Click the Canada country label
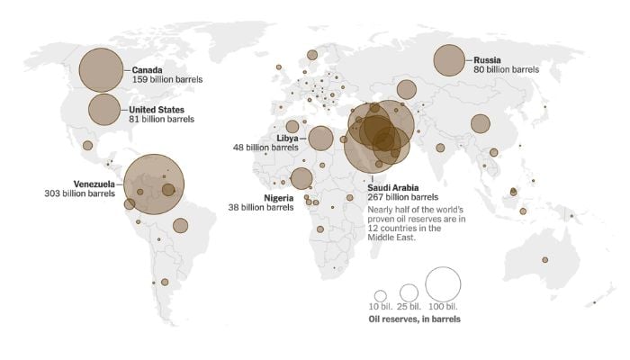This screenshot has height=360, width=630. coord(147,69)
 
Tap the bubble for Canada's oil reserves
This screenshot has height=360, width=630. coord(101,69)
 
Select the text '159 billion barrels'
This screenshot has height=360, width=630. coord(166,80)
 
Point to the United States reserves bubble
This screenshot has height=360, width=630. coord(105,109)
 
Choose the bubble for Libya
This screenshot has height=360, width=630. coord(320,138)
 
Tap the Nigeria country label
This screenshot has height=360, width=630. coord(278,197)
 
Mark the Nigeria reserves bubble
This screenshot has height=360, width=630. coord(301,178)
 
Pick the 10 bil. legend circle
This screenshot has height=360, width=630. coord(381,295)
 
